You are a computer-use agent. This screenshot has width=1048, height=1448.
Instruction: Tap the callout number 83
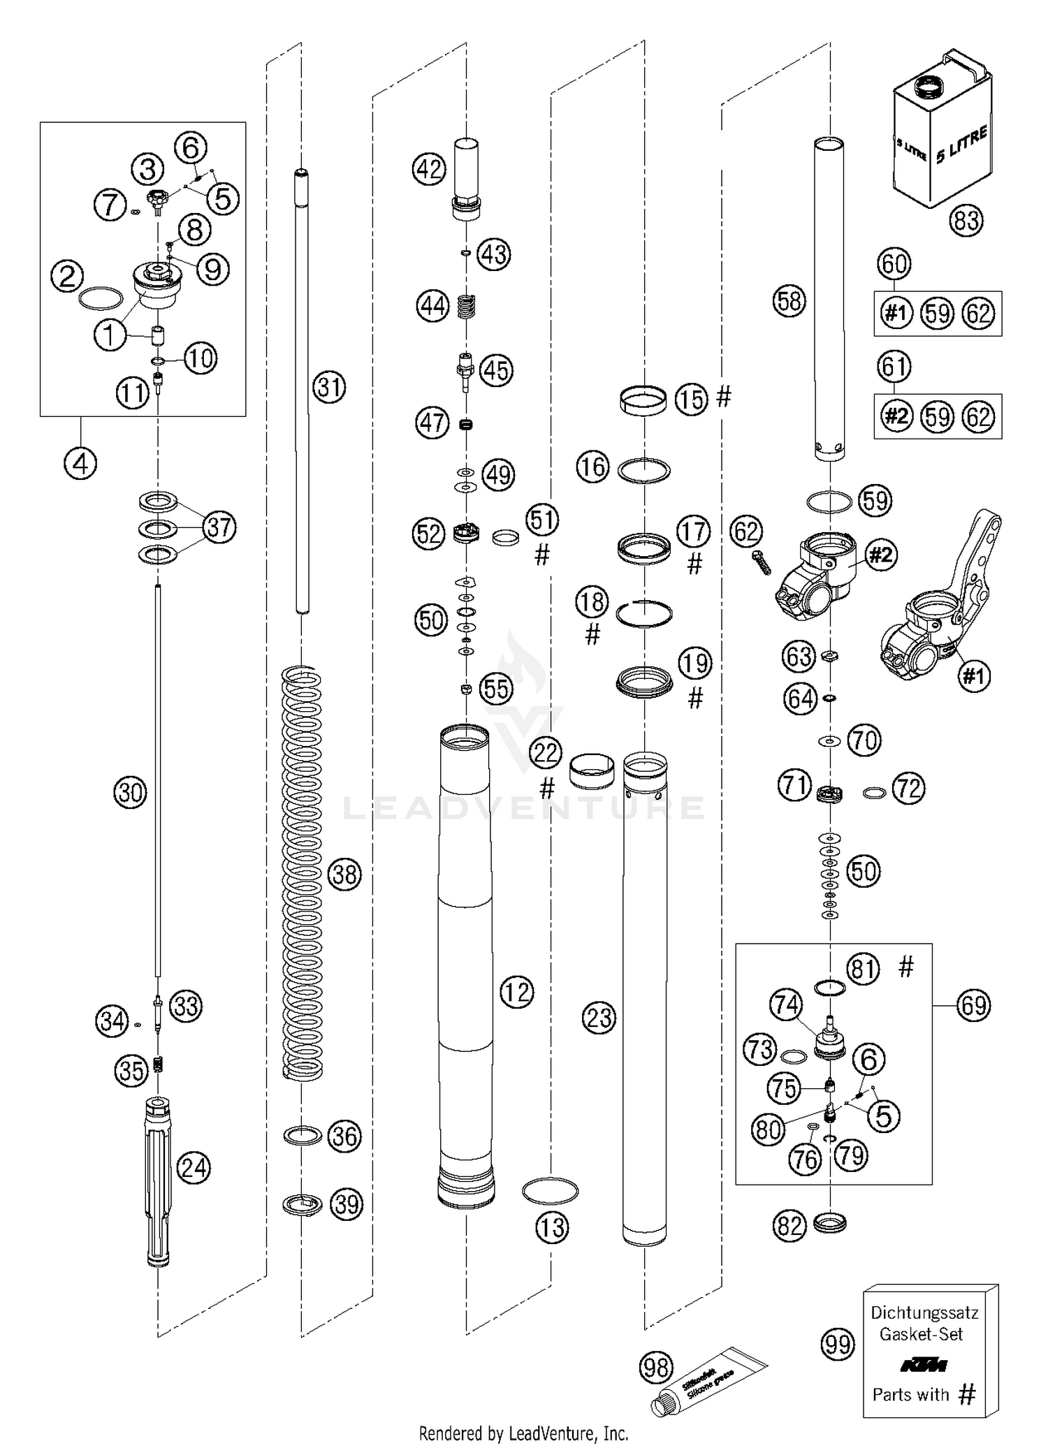966,221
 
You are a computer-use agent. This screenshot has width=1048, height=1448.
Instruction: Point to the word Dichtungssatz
924,1312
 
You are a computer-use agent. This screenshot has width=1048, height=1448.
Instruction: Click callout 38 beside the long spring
344,874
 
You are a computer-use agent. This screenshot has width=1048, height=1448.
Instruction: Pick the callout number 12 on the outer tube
517,991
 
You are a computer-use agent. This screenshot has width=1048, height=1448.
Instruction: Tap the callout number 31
328,386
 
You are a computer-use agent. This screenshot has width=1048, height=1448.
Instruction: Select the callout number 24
194,1167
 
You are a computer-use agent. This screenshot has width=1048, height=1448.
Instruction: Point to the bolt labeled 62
762,562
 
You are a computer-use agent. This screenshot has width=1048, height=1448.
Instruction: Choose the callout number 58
789,301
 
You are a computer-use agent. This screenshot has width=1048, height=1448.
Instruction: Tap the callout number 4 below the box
80,462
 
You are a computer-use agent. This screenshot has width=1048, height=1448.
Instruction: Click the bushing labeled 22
592,770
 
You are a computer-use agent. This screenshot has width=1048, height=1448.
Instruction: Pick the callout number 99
837,1343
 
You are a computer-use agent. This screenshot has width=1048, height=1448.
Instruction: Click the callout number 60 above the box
895,264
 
